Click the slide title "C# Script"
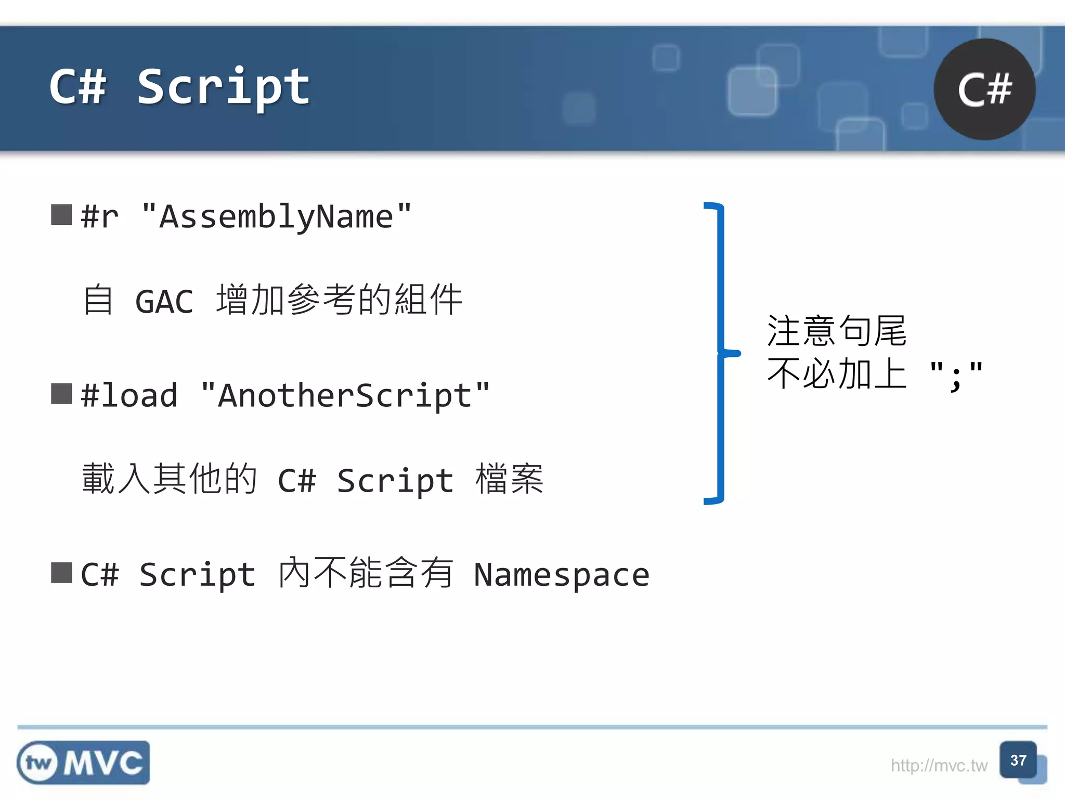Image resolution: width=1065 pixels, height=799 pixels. (179, 87)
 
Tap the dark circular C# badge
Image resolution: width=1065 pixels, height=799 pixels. (984, 89)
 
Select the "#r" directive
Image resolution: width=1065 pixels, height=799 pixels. (99, 217)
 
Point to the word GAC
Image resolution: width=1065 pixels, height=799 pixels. (164, 302)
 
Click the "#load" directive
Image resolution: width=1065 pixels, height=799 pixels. (129, 395)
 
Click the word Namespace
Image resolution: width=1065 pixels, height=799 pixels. (562, 575)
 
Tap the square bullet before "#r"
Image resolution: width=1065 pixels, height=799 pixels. (61, 215)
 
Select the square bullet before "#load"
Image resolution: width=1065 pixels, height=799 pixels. (61, 394)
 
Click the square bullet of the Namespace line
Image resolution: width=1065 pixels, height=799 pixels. (61, 573)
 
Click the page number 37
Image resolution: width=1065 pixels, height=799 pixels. (1018, 761)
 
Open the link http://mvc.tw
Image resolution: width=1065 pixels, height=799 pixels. (939, 766)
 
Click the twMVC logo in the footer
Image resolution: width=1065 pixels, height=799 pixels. (83, 763)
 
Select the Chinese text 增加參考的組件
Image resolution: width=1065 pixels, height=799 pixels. (339, 300)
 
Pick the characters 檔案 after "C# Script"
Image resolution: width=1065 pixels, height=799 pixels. (510, 479)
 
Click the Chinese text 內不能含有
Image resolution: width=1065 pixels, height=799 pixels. (365, 573)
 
